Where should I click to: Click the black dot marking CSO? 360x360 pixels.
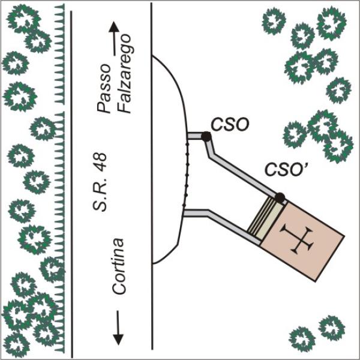pos(206,137)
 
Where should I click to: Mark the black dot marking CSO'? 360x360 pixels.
pos(279,196)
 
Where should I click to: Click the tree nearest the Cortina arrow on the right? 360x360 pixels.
pos(300,339)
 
